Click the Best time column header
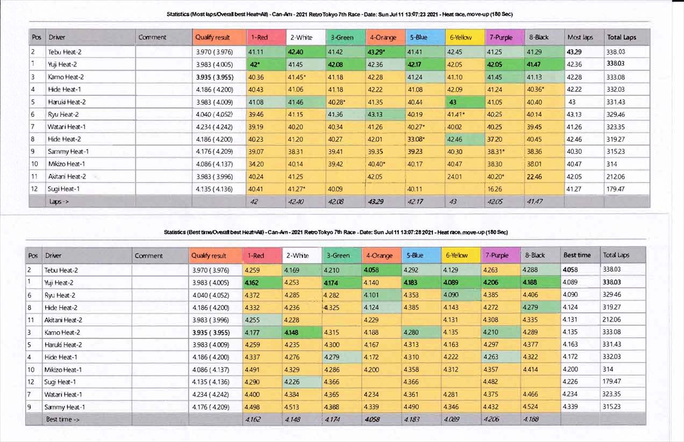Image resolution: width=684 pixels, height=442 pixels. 577,255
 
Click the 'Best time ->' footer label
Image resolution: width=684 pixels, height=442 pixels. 63,419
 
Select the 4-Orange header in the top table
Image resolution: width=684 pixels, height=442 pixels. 380,37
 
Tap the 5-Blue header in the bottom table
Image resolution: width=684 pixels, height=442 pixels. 417,255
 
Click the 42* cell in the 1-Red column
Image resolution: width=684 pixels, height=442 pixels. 257,64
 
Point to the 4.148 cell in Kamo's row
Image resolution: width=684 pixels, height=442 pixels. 295,332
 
